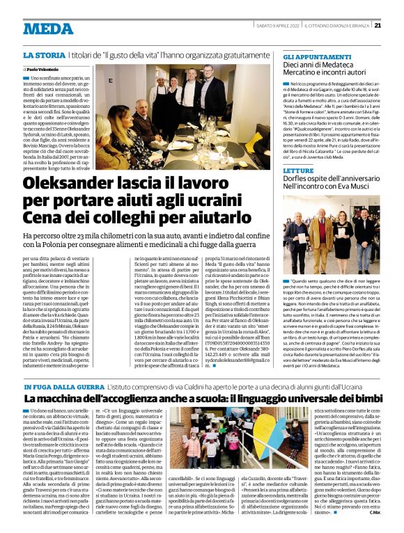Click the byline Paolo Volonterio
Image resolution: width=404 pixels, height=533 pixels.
coord(43,70)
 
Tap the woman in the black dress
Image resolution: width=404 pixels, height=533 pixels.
coord(343,240)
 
